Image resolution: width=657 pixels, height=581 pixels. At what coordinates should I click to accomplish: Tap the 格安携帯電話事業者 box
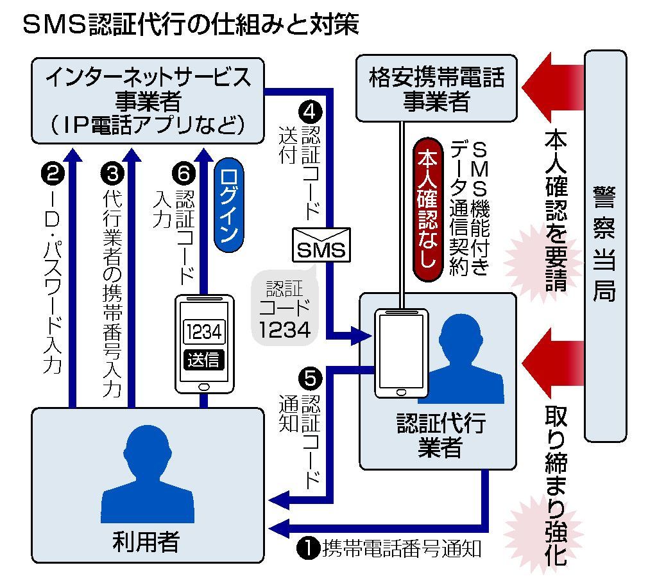point(436,89)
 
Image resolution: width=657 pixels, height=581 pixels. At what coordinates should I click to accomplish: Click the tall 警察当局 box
point(605,246)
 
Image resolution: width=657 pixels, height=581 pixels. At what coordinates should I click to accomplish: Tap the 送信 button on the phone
point(203,360)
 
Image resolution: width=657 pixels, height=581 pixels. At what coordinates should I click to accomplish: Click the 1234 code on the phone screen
point(203,332)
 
